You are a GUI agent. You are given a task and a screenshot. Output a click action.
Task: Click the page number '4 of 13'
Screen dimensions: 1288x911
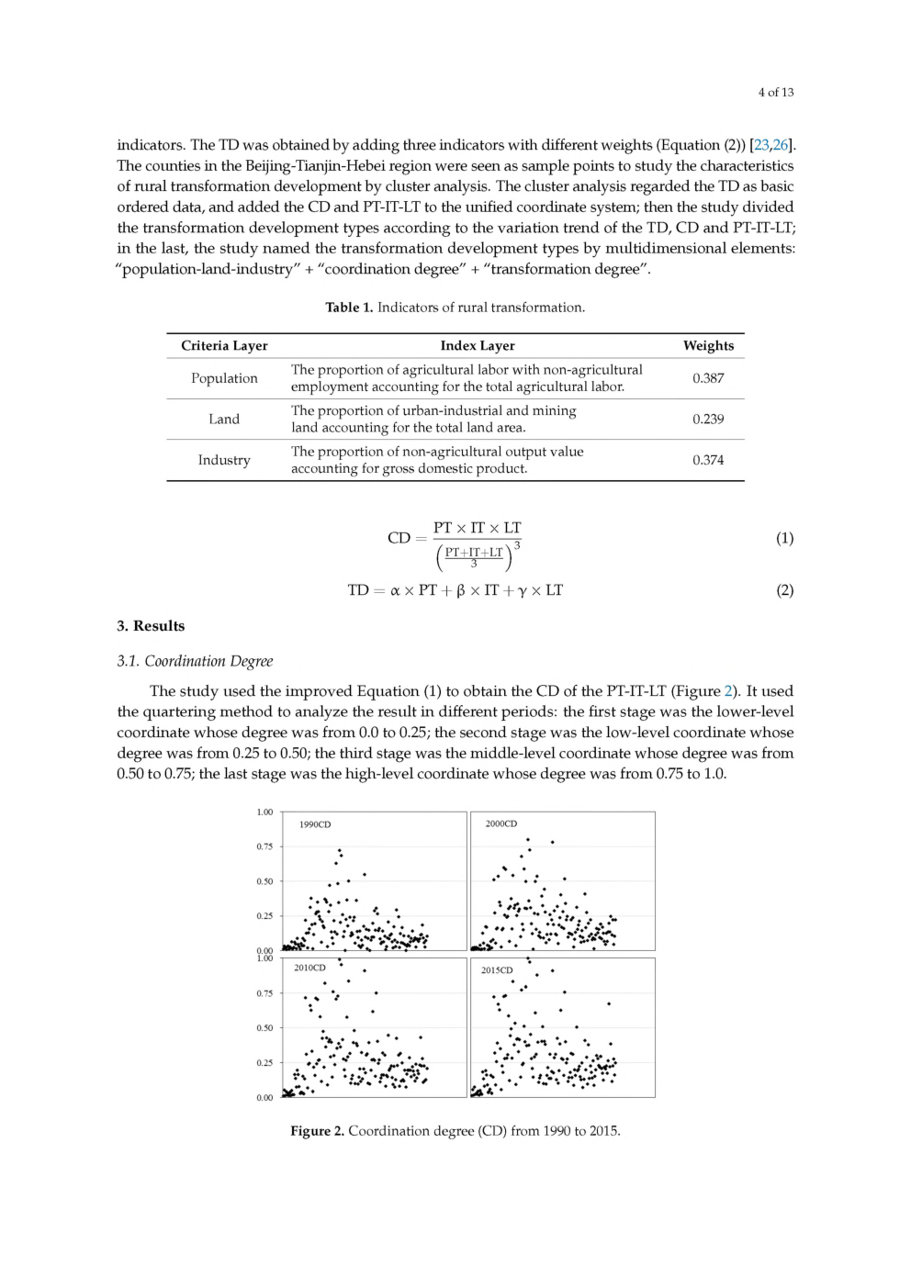pos(775,92)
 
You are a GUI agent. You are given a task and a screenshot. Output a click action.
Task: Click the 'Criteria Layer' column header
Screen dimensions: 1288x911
pos(224,346)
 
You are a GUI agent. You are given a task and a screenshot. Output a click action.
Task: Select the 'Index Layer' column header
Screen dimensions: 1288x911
pos(478,346)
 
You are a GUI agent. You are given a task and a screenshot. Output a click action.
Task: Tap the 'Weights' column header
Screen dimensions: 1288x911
pos(708,346)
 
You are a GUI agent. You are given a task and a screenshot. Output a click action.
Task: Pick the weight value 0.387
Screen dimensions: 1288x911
pos(708,378)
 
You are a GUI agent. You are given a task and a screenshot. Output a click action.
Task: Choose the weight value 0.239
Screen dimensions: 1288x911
pos(708,419)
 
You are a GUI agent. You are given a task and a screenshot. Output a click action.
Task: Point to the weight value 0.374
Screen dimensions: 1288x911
pos(708,460)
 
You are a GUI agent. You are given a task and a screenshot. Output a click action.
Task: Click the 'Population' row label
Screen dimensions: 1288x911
pos(224,378)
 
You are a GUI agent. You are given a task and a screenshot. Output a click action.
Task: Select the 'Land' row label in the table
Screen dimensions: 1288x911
pos(224,419)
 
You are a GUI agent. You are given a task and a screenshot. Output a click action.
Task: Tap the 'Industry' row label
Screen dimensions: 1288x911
pos(224,460)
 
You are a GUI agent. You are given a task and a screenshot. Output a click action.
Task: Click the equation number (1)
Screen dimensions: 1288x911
pos(784,538)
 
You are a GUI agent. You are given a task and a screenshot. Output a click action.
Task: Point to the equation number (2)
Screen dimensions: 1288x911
pos(784,590)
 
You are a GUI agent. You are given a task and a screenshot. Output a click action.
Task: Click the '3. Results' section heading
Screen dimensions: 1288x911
pos(151,626)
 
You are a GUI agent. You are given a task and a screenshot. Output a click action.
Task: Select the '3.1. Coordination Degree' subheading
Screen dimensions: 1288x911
pos(195,661)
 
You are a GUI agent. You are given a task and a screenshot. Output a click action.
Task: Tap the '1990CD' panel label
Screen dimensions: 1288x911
pos(315,824)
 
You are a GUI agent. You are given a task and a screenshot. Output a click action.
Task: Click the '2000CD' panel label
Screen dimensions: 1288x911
pos(501,823)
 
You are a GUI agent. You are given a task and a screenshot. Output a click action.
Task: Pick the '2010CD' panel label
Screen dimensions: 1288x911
pos(309,968)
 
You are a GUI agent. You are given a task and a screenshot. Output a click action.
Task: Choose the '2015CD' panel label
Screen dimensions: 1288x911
pos(497,969)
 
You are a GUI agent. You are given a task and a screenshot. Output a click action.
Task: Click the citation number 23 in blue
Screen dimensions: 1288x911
pos(761,145)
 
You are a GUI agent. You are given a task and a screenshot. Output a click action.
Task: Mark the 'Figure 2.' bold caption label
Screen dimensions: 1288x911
pos(317,1131)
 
